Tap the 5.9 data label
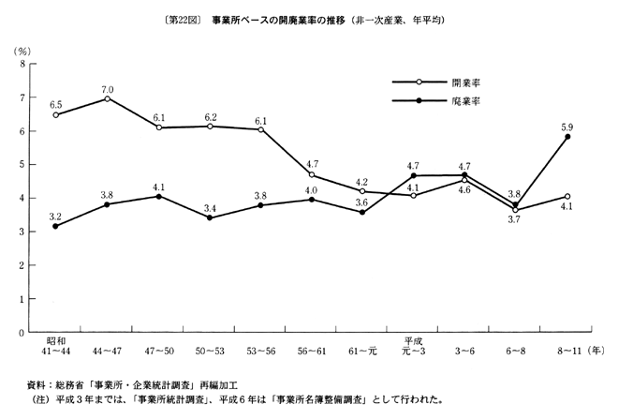pyautogui.click(x=566, y=123)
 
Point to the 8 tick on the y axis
pyautogui.click(x=22, y=64)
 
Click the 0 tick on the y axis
pyautogui.click(x=22, y=332)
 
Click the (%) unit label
pyautogui.click(x=22, y=49)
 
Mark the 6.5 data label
pyautogui.click(x=56, y=103)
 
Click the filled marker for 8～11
pyautogui.click(x=566, y=137)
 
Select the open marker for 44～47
pyautogui.click(x=109, y=98)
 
